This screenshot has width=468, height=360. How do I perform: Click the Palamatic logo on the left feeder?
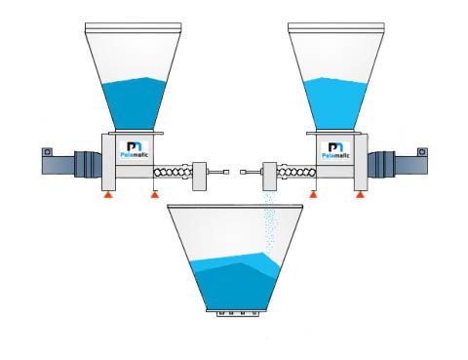pos(136,150)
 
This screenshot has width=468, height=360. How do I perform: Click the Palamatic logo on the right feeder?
pos(333,151)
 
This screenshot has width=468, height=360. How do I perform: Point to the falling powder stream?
pos(270,220)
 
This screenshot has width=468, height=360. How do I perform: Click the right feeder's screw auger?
pos(292,175)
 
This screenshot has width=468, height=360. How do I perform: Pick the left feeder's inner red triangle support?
pos(153,196)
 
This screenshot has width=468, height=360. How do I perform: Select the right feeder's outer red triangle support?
pos(361,196)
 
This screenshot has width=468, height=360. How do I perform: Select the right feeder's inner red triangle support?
pos(315,196)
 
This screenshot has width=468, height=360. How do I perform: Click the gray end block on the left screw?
pos(203,174)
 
